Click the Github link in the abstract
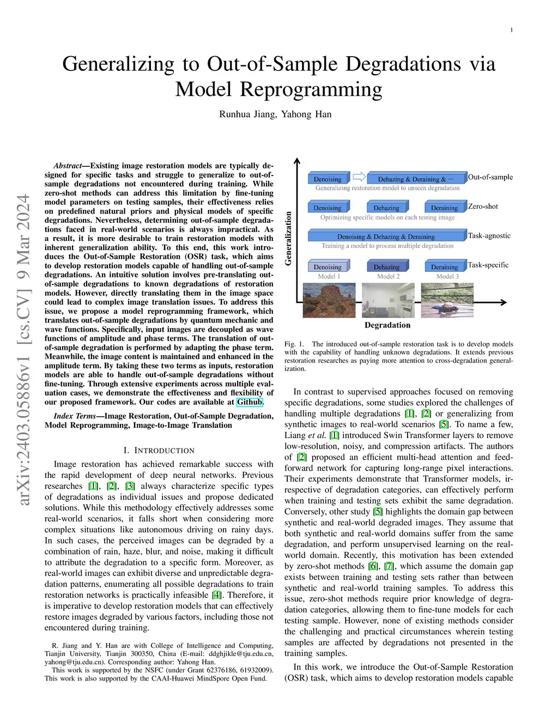(250, 402)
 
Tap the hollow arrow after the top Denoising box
(359, 177)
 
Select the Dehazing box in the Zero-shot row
(386, 208)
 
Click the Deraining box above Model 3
(445, 266)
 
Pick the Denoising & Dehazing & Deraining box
(386, 236)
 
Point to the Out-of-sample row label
(490, 177)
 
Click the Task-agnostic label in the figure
(489, 236)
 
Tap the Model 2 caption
(388, 276)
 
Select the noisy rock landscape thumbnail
(329, 300)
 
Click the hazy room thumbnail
(388, 300)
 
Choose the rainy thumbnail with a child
(447, 300)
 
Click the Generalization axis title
(288, 239)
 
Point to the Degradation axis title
(387, 325)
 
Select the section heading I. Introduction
(159, 451)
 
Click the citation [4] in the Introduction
(216, 595)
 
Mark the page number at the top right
(511, 30)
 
